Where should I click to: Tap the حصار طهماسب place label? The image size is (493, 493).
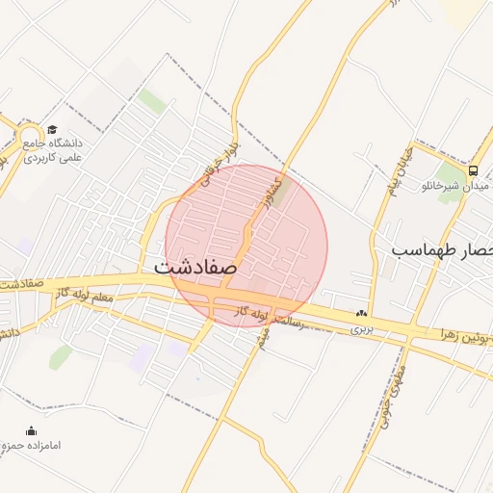click(x=442, y=250)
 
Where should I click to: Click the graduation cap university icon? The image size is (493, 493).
click(x=51, y=130)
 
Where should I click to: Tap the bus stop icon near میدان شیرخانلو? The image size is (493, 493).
click(x=472, y=169)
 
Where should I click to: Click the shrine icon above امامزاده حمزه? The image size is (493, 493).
click(x=32, y=430)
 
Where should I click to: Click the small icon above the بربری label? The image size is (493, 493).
click(x=361, y=313)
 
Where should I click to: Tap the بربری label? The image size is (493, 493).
click(x=361, y=328)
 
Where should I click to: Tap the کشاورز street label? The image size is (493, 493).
click(x=277, y=192)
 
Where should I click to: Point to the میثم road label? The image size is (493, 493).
click(x=266, y=336)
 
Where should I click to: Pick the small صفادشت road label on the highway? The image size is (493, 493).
click(x=24, y=285)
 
